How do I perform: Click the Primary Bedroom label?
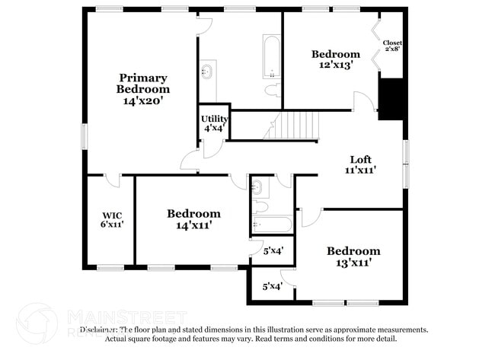pyautogui.click(x=142, y=83)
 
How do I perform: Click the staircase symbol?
pyautogui.click(x=292, y=125)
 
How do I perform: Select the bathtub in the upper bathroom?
pyautogui.click(x=272, y=56)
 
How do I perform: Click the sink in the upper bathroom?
pyautogui.click(x=207, y=72)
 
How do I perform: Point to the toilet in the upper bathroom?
pyautogui.click(x=271, y=90)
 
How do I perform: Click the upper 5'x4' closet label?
pyautogui.click(x=273, y=250)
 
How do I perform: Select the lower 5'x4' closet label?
pyautogui.click(x=272, y=287)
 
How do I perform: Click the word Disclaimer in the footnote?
pyautogui.click(x=99, y=330)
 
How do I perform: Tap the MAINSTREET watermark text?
pyautogui.click(x=127, y=316)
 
